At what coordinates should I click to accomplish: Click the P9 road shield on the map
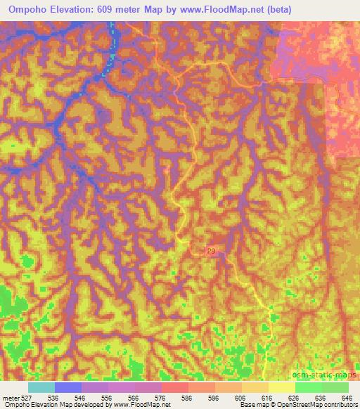coord(212,250)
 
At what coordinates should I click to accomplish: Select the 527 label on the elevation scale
coord(25,397)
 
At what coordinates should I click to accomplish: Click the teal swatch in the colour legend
coord(41,387)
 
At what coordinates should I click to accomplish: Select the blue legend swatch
coord(67,387)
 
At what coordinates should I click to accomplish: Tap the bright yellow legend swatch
coord(281,387)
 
